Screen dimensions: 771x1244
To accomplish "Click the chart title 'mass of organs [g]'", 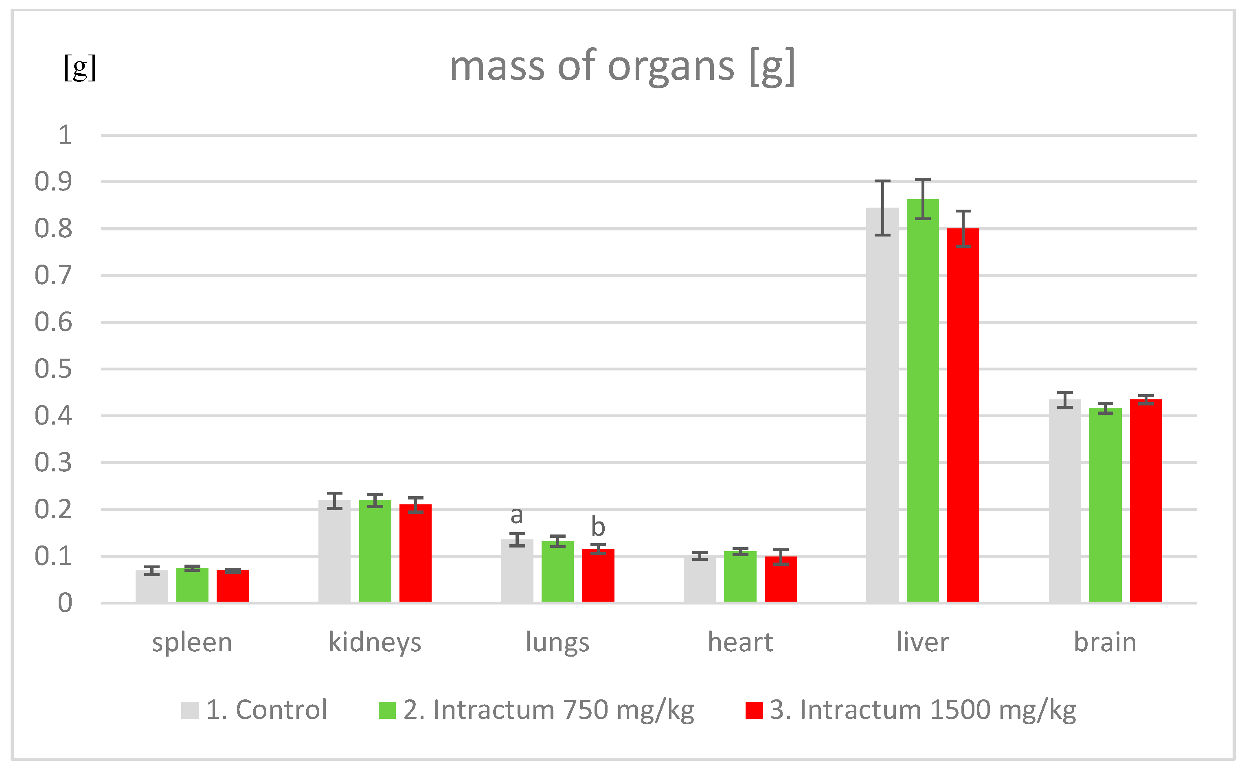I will (x=622, y=66).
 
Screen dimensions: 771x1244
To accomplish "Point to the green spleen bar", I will (x=192, y=585).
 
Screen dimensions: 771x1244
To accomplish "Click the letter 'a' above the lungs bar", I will (x=517, y=515).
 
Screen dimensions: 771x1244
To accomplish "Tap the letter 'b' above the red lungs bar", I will (x=598, y=527).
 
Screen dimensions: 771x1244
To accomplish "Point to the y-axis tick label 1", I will (x=65, y=136).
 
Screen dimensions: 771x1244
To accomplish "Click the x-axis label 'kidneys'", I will (x=375, y=642).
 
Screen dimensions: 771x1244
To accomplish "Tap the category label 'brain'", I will (x=1105, y=642).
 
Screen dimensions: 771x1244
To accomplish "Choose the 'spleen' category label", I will (x=192, y=642).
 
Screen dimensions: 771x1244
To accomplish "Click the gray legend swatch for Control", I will (x=189, y=710).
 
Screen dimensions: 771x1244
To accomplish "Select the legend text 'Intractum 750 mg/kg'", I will (x=549, y=710).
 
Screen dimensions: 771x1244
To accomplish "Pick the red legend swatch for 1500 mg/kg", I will (x=753, y=710).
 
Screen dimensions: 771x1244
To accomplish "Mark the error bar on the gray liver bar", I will (x=882, y=208).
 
